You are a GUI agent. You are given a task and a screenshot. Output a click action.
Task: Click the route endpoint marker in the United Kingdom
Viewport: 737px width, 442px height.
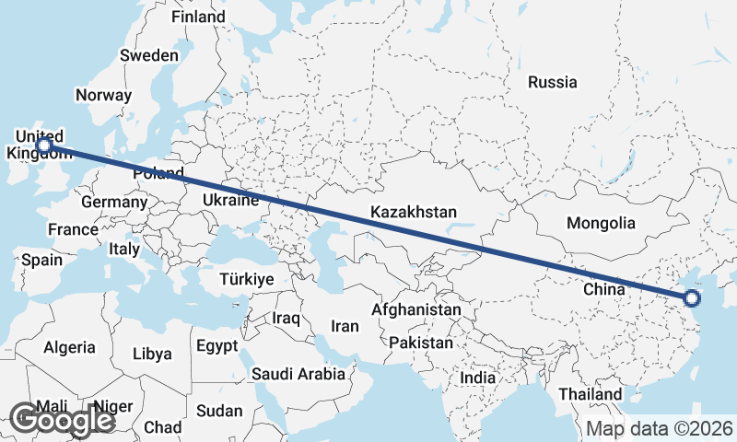pyautogui.click(x=42, y=145)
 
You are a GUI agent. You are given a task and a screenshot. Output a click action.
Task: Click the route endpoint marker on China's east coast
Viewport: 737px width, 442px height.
pyautogui.click(x=692, y=297)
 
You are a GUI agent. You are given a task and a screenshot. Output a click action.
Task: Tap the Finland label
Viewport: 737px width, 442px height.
pyautogui.click(x=198, y=17)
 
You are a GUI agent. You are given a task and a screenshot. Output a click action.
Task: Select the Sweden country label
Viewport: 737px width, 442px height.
pyautogui.click(x=149, y=55)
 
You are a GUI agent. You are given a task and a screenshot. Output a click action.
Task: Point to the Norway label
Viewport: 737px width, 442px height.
pyautogui.click(x=103, y=95)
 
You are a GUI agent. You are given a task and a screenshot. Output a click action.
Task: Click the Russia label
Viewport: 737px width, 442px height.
pyautogui.click(x=553, y=82)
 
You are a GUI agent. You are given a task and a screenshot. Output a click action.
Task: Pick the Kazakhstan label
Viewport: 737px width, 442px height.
pyautogui.click(x=414, y=213)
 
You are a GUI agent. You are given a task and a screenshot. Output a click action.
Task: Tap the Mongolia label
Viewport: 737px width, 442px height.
pyautogui.click(x=601, y=223)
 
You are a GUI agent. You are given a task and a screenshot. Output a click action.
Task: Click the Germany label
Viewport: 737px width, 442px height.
pyautogui.click(x=114, y=203)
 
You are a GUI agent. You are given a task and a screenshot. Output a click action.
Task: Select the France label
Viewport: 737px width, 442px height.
pyautogui.click(x=74, y=229)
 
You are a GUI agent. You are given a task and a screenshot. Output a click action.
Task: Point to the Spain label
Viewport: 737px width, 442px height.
pyautogui.click(x=41, y=260)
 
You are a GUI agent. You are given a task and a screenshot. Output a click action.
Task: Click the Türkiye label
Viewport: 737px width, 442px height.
pyautogui.click(x=247, y=278)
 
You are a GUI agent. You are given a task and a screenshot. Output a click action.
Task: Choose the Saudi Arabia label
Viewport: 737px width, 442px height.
pyautogui.click(x=298, y=374)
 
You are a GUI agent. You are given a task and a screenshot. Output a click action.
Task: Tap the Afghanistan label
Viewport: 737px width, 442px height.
pyautogui.click(x=415, y=310)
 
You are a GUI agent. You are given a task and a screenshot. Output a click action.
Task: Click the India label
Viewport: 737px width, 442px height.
pyautogui.click(x=478, y=378)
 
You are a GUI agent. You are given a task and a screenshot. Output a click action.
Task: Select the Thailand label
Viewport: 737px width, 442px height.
pyautogui.click(x=590, y=394)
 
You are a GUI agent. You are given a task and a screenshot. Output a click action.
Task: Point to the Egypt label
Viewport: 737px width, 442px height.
pyautogui.click(x=216, y=345)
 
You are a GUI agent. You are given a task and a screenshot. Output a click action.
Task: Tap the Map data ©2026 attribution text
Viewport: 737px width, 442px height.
pyautogui.click(x=660, y=428)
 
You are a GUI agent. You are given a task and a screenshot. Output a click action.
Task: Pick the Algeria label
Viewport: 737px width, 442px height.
pyautogui.click(x=69, y=347)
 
